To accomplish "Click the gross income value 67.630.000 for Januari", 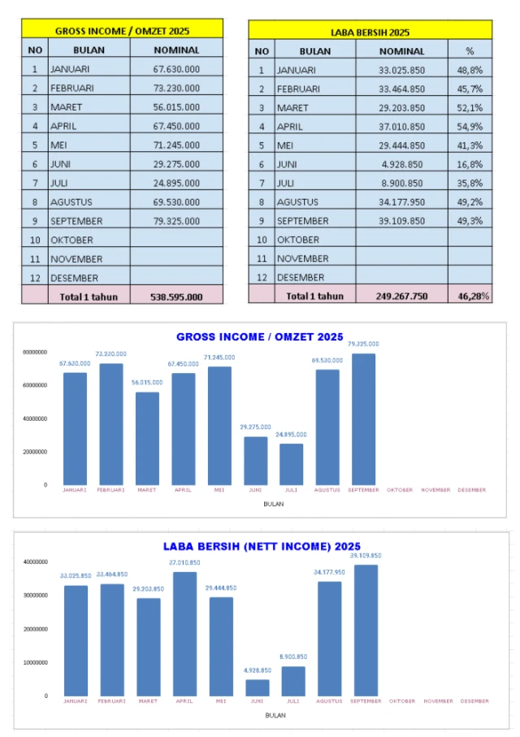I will tap(176, 69).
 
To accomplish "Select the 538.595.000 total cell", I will tap(176, 297).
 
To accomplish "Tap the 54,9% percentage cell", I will tap(470, 126).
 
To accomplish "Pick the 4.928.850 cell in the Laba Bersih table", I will tap(401, 164).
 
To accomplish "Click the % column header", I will tap(470, 50).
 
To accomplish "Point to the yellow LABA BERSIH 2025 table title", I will tap(370, 32).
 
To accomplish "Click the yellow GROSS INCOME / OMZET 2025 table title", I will tap(123, 31).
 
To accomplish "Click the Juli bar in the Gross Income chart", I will tap(292, 464).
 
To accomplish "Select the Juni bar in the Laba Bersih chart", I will tap(258, 687).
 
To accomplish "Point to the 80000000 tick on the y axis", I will tap(33, 353).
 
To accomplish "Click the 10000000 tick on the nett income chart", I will tap(33, 662).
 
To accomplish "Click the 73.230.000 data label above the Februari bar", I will tap(110, 354).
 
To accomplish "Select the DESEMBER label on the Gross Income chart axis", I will tap(472, 490).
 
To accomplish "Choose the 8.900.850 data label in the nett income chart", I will tap(293, 657).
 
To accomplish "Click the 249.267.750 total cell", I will tap(401, 297).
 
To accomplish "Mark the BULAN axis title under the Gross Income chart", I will tap(274, 504).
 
